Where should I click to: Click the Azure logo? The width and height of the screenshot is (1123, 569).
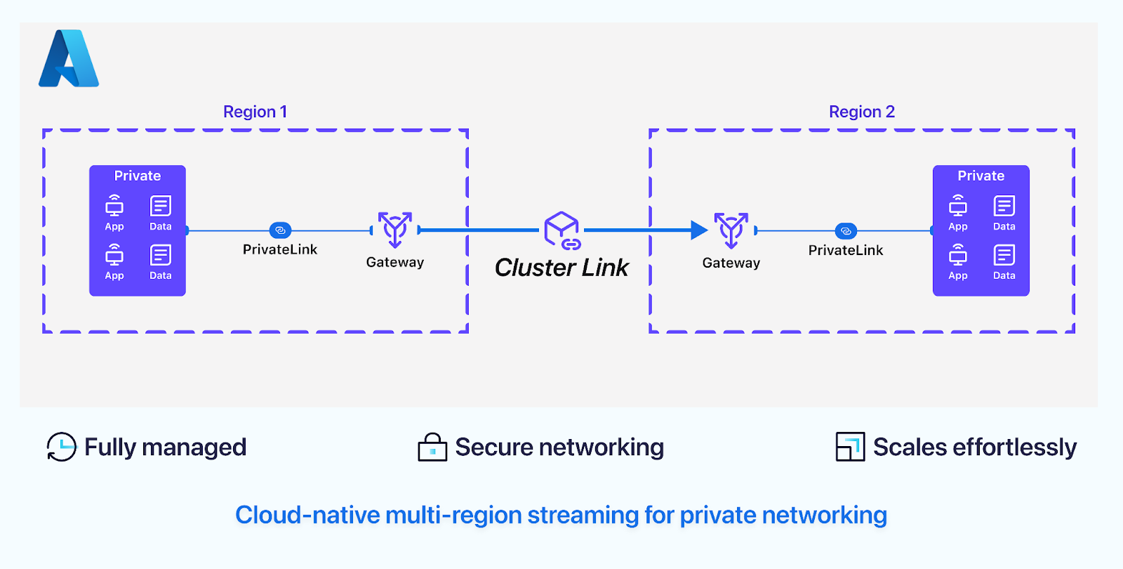point(69,59)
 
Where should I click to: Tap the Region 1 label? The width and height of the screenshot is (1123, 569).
point(255,112)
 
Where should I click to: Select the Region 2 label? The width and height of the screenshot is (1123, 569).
point(861,112)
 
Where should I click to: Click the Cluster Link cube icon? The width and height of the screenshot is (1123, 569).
point(562,230)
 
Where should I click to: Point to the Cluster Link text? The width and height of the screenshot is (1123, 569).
point(561,268)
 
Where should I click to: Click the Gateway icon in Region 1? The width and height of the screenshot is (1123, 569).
point(395,229)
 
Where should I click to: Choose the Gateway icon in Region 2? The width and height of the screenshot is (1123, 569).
point(731,230)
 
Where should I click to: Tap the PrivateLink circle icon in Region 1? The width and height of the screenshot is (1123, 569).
point(280,230)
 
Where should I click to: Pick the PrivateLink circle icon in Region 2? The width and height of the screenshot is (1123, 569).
point(846,231)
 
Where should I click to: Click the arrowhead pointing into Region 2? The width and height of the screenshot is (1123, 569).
point(699,230)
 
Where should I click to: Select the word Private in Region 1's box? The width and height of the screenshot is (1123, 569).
point(138,176)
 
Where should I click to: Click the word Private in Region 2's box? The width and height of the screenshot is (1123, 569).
point(981,176)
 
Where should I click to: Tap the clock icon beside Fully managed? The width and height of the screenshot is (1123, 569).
point(61,447)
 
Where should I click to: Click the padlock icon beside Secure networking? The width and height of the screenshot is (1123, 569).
point(432,447)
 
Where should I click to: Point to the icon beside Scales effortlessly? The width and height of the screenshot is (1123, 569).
point(850,447)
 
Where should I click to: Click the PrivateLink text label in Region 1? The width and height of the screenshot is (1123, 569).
point(280,249)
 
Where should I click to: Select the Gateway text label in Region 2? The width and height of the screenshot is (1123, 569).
point(731,263)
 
